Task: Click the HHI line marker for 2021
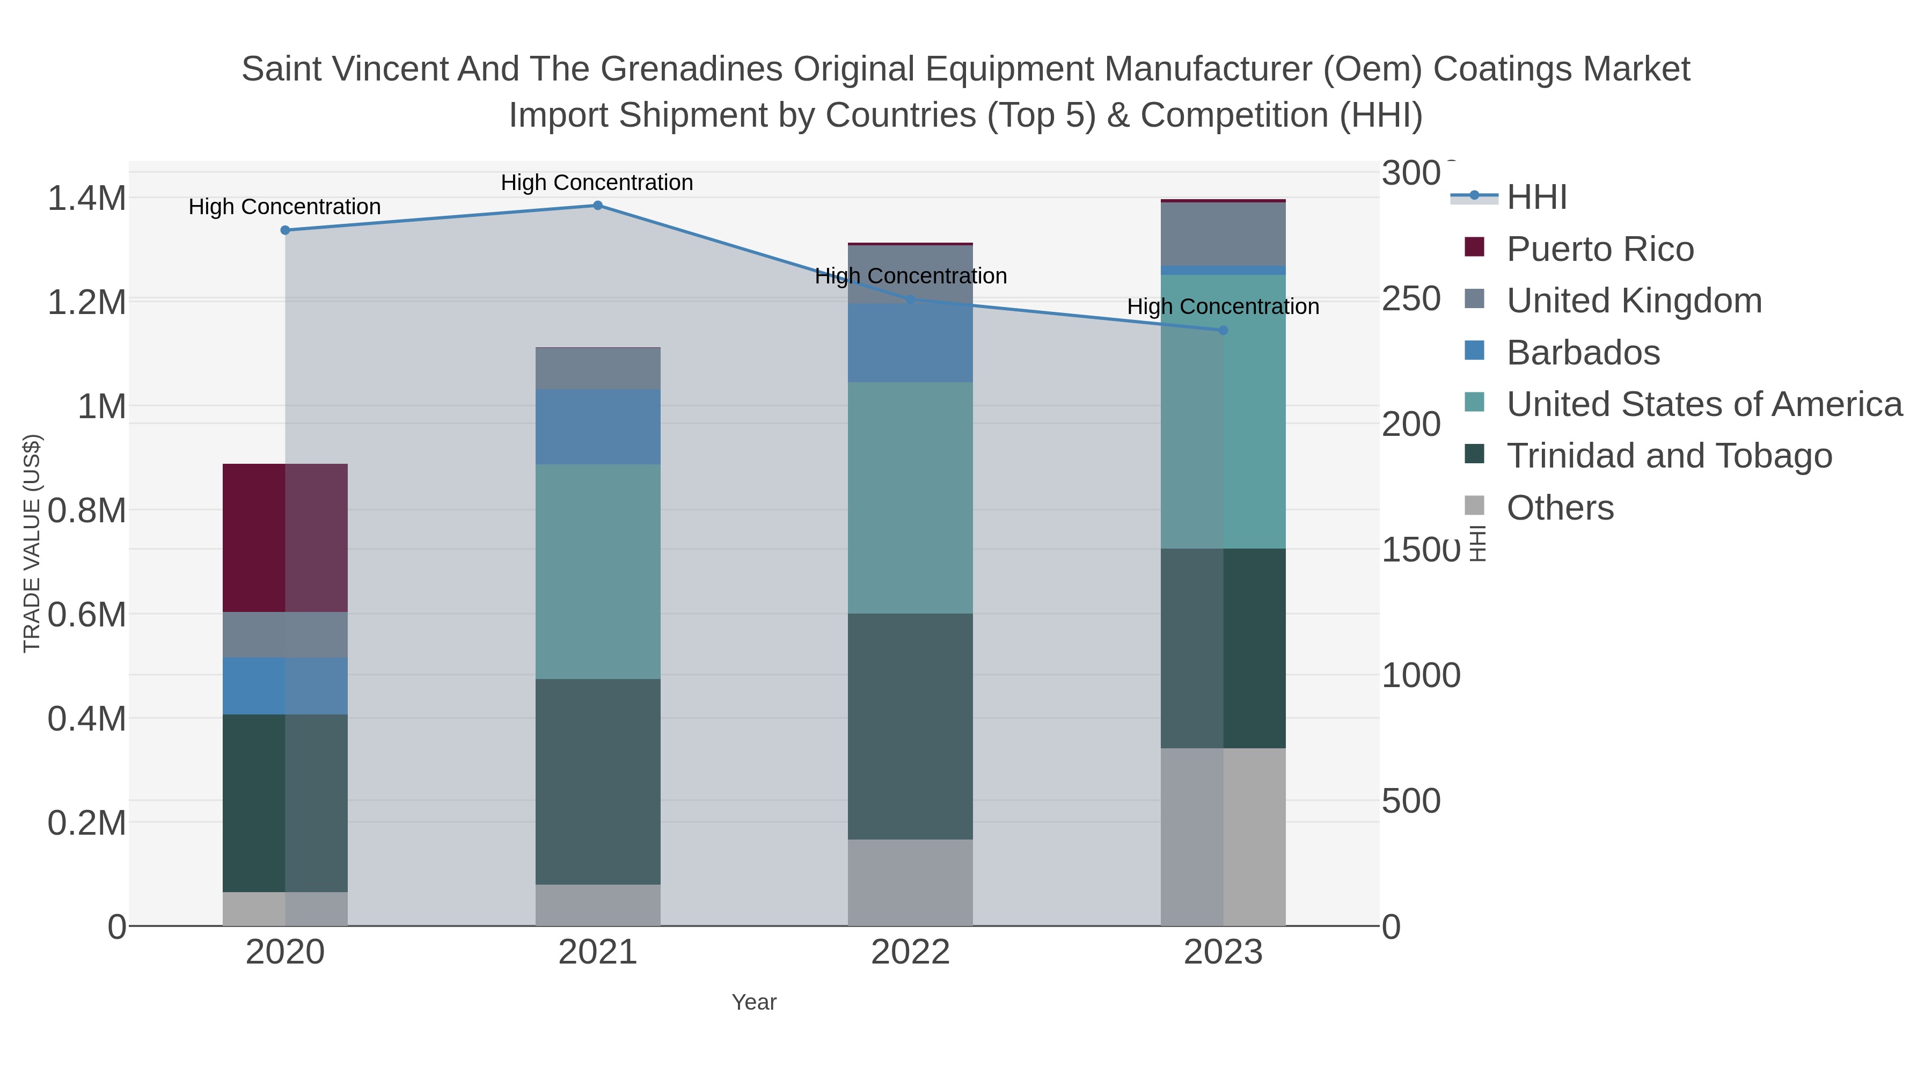(598, 206)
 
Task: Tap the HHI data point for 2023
(1223, 330)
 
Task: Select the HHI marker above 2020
(285, 230)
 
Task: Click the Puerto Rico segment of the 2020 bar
(285, 537)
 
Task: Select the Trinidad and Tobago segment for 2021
(598, 781)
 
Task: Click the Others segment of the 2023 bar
(1223, 836)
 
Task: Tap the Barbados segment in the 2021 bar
(598, 426)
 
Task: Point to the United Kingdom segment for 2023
(1223, 234)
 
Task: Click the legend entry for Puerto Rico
(1599, 249)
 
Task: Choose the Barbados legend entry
(1583, 353)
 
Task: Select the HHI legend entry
(1536, 198)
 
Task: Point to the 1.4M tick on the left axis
(86, 199)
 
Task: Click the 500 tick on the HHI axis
(1411, 801)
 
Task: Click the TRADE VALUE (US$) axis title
(32, 543)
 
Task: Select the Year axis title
(754, 1002)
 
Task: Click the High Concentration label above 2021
(597, 183)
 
